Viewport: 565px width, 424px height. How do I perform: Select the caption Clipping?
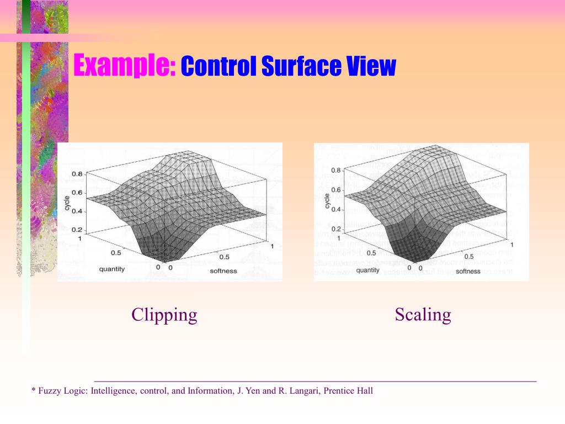(x=164, y=315)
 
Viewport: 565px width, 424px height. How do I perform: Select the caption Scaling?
(x=423, y=315)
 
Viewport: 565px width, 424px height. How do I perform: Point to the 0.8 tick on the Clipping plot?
(x=77, y=174)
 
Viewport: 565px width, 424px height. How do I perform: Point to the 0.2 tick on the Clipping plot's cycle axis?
(x=77, y=229)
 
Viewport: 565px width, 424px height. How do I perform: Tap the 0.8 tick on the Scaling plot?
(x=336, y=171)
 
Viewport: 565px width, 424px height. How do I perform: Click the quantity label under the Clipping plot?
(x=112, y=269)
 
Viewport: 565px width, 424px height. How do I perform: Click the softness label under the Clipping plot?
(x=223, y=271)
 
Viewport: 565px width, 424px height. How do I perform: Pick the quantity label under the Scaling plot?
(x=367, y=270)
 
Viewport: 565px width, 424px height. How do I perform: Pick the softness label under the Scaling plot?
(x=468, y=271)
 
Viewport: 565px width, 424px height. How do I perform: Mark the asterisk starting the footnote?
(x=34, y=390)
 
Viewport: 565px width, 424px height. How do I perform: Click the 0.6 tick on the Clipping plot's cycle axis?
(x=77, y=193)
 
